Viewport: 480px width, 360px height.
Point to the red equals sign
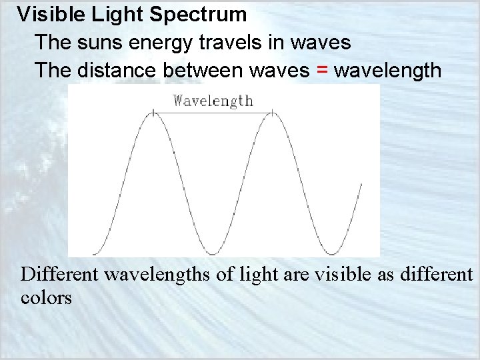coord(323,70)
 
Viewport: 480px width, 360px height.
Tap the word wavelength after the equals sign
coord(387,70)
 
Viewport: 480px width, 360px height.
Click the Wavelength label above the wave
coord(213,101)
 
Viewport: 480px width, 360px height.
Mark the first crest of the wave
coord(153,114)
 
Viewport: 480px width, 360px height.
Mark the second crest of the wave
coord(272,114)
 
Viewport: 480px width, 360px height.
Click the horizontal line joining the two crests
coord(213,114)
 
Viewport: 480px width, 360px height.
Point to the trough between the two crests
coord(213,253)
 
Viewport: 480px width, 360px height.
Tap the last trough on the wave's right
coord(331,253)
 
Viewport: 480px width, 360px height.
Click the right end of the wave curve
coord(361,185)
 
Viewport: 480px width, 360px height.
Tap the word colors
coord(46,297)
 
